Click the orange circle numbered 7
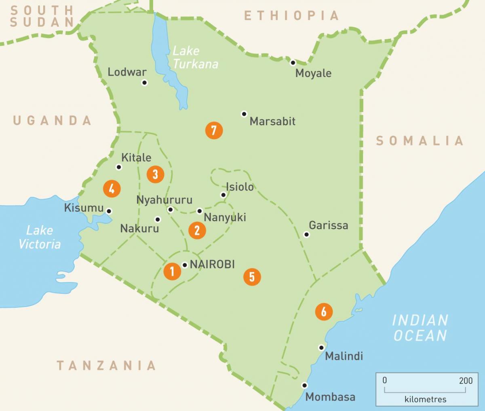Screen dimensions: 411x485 (x=214, y=130)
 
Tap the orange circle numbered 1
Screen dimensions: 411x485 (x=172, y=271)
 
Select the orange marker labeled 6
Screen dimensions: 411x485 (x=324, y=311)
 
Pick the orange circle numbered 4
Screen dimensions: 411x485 (x=112, y=189)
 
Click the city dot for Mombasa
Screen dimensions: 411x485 (x=304, y=385)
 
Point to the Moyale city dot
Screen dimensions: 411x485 (x=293, y=62)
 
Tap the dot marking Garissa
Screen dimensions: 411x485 (x=306, y=234)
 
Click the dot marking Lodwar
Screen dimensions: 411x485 (x=144, y=83)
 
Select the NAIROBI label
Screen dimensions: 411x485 (x=212, y=264)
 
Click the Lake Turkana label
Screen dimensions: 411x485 (x=194, y=57)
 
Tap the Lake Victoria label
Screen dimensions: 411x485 (x=40, y=237)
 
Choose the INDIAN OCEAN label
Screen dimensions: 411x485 (x=420, y=328)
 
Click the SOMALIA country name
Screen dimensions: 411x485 (x=420, y=141)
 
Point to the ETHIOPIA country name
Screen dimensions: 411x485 (x=291, y=16)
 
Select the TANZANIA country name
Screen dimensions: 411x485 (x=106, y=365)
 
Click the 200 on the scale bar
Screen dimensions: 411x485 (x=466, y=380)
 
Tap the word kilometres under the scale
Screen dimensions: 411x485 (x=425, y=399)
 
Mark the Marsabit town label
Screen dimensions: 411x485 (x=272, y=121)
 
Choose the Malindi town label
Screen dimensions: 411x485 (x=344, y=356)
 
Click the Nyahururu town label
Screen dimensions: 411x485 (x=164, y=199)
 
